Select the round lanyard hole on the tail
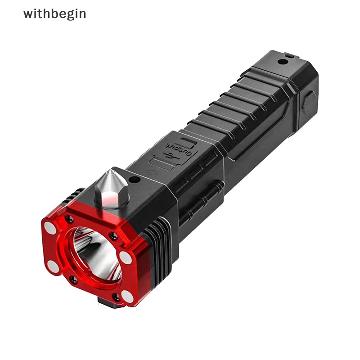(x=282, y=61)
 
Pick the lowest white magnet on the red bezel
(x=128, y=296)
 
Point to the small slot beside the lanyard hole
(x=289, y=56)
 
